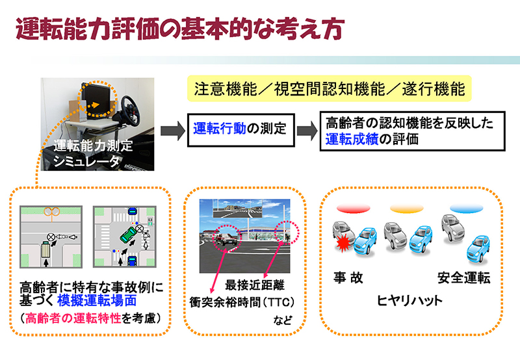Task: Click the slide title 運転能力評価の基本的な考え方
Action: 180,29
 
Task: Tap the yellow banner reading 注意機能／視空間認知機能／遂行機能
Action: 330,88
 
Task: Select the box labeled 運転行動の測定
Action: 240,130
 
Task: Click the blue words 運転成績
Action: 352,139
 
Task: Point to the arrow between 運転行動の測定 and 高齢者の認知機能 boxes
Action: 307,130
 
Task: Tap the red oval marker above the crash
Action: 353,209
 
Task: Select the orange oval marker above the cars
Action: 407,209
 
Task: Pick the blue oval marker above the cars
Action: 466,209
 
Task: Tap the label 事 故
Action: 348,277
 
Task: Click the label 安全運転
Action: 463,277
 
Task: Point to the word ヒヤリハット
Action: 409,301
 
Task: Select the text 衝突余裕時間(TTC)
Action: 242,302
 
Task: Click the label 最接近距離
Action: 255,285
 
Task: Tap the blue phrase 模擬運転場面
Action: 97,301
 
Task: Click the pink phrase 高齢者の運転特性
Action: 73,318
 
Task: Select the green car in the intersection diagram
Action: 128,235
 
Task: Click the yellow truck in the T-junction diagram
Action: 45,251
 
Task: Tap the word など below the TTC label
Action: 283,320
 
